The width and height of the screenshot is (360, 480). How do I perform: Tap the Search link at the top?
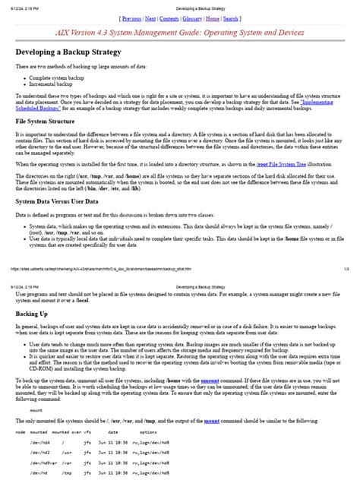(x=232, y=18)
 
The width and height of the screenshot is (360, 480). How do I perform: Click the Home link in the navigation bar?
(x=213, y=18)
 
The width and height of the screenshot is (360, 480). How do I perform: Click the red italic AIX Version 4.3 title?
(x=179, y=34)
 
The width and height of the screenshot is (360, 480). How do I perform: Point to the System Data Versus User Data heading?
(x=57, y=201)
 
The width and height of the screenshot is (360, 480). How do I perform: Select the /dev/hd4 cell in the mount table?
(x=41, y=441)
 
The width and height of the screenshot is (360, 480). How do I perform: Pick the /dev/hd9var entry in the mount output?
(x=43, y=460)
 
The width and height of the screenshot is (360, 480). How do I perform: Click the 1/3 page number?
(x=346, y=268)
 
